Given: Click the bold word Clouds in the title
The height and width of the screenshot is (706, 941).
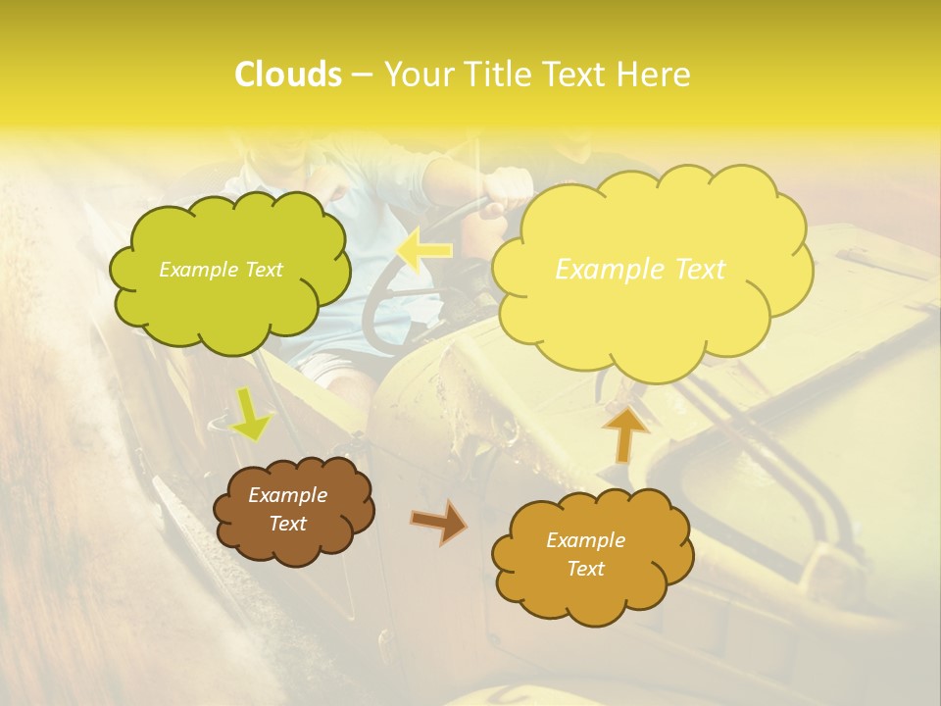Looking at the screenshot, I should coord(287,75).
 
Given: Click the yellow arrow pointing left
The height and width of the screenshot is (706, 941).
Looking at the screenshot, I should coord(424,251).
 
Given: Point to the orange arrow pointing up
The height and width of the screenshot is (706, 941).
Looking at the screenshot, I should coord(625,433).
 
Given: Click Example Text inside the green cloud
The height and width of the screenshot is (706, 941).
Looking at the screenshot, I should coord(221,270).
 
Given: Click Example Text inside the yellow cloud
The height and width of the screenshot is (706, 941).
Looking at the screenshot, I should coord(640,270).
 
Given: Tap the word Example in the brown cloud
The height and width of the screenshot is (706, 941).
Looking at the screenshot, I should coord(287,495).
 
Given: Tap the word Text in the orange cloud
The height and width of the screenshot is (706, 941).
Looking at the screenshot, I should coord(585,569).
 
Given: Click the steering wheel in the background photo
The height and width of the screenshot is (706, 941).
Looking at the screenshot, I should coord(392,294).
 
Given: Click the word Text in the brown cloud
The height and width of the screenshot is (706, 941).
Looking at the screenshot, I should coord(287,524).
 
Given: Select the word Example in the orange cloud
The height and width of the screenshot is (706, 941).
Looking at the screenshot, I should coord(585,540).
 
